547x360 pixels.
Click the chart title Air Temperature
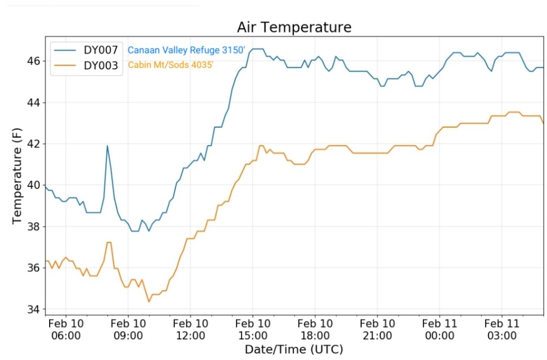pyautogui.click(x=294, y=27)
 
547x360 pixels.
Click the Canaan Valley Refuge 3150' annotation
pyautogui.click(x=187, y=50)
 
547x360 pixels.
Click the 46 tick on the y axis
pyautogui.click(x=33, y=61)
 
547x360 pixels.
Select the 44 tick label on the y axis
pyautogui.click(x=33, y=103)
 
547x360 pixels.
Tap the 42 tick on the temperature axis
pyautogui.click(x=33, y=144)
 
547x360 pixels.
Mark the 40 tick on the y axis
pyautogui.click(x=33, y=185)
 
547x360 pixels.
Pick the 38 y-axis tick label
pyautogui.click(x=33, y=226)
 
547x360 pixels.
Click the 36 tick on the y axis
pyautogui.click(x=33, y=268)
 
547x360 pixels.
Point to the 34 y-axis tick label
pyautogui.click(x=33, y=309)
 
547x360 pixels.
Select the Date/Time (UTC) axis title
pyautogui.click(x=294, y=350)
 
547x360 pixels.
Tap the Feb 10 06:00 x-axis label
pyautogui.click(x=66, y=329)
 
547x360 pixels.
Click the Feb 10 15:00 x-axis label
pyautogui.click(x=253, y=329)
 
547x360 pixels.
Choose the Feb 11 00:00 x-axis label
pyautogui.click(x=440, y=329)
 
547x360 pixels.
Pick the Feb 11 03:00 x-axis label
pyautogui.click(x=502, y=329)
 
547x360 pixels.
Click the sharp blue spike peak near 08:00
pyautogui.click(x=107, y=146)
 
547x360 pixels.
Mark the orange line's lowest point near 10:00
pyautogui.click(x=149, y=302)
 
